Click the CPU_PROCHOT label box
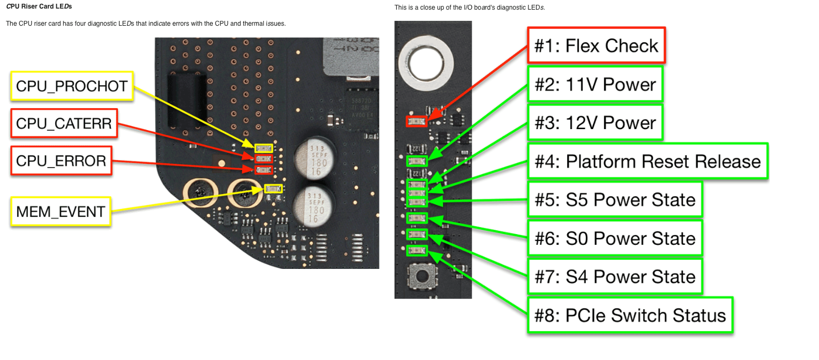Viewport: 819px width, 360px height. (x=72, y=86)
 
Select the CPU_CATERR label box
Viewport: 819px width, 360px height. (x=64, y=124)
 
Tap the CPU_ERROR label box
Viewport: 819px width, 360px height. (x=61, y=161)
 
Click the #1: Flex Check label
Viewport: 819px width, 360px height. (x=597, y=46)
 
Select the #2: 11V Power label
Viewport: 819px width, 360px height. (x=595, y=84)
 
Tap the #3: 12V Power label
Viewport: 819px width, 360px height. (x=595, y=123)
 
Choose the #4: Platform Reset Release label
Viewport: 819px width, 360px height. (x=647, y=161)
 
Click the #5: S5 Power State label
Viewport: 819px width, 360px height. (x=615, y=200)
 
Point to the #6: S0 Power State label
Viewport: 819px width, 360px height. (x=615, y=238)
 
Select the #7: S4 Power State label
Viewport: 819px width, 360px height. (x=615, y=276)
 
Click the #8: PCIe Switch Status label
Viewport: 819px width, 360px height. (x=630, y=316)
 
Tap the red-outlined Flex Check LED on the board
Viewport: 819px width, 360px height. (x=417, y=121)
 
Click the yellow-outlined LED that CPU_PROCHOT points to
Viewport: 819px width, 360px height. (x=263, y=148)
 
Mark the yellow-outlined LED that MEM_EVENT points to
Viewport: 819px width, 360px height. (x=273, y=189)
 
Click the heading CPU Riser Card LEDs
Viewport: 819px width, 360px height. (x=39, y=6)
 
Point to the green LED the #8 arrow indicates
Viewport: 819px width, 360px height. (x=417, y=250)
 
